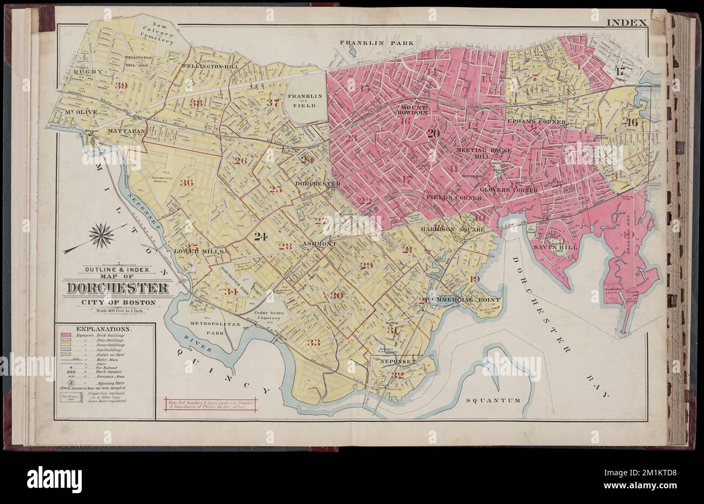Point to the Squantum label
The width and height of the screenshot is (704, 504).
click(493, 401)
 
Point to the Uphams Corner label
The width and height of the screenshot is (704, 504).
click(536, 122)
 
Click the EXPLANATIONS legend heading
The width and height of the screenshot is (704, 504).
click(103, 329)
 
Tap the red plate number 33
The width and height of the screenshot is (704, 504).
click(313, 342)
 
